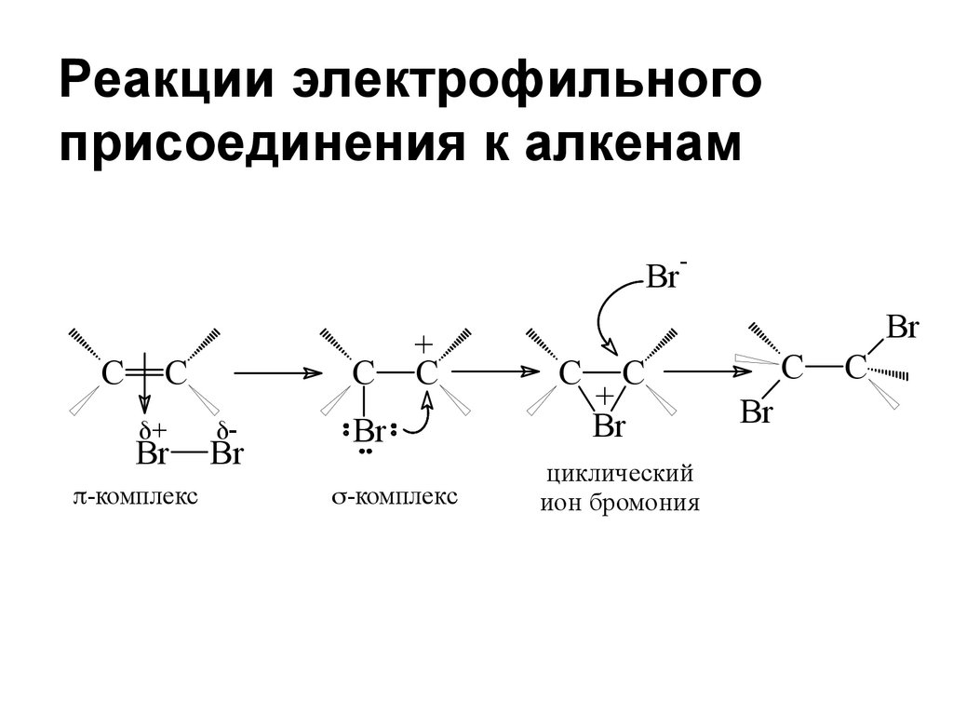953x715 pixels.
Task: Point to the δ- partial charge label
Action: (226, 430)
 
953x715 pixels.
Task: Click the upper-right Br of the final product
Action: (902, 328)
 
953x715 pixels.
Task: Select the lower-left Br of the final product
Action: (756, 412)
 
